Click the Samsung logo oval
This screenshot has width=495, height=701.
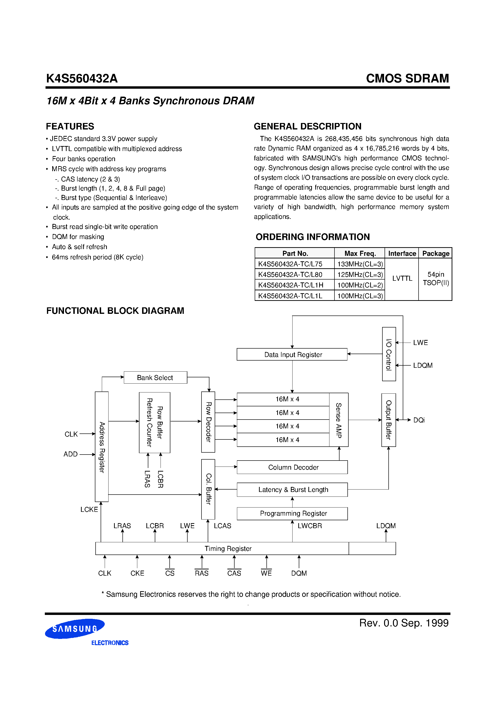[x=75, y=629]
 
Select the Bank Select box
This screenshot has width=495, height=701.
[x=155, y=378]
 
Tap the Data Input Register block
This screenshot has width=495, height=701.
[x=292, y=355]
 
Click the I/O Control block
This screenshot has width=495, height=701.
[x=389, y=354]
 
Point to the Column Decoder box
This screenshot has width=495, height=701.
[x=292, y=467]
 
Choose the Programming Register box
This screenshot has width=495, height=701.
[x=292, y=514]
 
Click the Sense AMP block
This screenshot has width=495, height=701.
[x=339, y=420]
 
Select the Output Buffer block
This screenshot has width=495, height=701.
[x=388, y=420]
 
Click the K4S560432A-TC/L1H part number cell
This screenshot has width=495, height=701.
[x=291, y=285]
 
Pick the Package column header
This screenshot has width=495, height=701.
[x=436, y=253]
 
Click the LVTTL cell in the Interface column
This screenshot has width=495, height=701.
[x=402, y=278]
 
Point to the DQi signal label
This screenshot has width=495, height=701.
[x=419, y=420]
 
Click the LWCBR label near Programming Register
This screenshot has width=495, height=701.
[x=310, y=526]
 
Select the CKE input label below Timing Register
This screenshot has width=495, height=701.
[x=137, y=573]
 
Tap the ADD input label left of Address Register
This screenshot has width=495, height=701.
[x=70, y=454]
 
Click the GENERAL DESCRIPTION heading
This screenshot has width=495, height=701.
[x=307, y=126]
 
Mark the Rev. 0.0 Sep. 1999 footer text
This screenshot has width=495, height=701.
[x=403, y=623]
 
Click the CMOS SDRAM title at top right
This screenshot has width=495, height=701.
[x=407, y=78]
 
